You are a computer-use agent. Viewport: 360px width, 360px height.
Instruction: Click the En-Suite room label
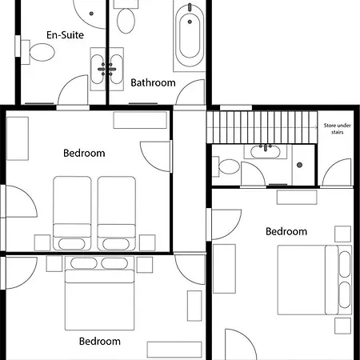[x=65, y=35]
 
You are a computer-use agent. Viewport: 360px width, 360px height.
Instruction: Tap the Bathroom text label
[x=153, y=82]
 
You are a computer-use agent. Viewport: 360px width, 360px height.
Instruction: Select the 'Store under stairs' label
[x=337, y=129]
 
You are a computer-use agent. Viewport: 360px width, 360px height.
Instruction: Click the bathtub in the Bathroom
[x=190, y=35]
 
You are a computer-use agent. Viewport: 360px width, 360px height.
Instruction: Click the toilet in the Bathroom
[x=126, y=18]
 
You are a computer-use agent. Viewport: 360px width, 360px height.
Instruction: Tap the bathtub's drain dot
[x=190, y=22]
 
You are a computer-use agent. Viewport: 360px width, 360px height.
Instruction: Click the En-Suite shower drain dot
[x=91, y=14]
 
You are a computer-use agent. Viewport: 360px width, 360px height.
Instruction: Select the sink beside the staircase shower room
[x=266, y=152]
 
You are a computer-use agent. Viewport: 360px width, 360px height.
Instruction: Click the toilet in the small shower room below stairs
[x=226, y=166]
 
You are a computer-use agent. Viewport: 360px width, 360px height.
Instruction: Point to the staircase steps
[x=262, y=127]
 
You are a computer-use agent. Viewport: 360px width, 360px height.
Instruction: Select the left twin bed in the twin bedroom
[x=72, y=214]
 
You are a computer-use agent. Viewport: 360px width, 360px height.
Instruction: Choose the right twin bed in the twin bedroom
[x=117, y=214]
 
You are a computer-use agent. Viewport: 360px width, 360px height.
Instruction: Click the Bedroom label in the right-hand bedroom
[x=286, y=231]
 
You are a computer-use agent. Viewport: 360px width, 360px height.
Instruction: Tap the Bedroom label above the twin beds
[x=84, y=153]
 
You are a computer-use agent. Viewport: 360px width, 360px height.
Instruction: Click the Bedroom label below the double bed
[x=100, y=342]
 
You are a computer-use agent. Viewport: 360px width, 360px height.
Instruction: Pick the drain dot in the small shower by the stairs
[x=299, y=165]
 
